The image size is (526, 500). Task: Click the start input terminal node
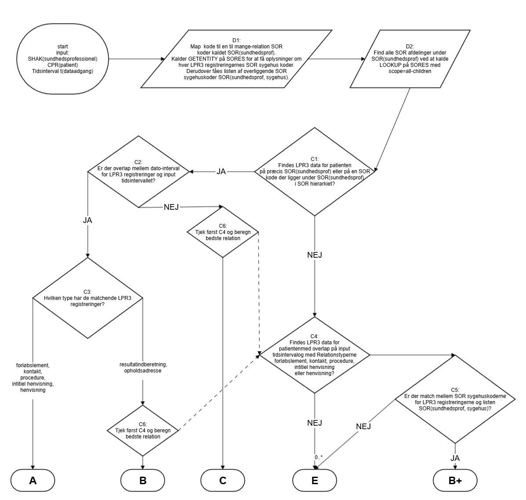pos(62,58)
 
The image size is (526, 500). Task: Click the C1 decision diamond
pos(314,172)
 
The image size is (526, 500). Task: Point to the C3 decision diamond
pos(88,298)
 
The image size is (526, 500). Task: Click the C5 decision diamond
pos(455,399)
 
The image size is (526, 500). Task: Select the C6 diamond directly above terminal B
pos(142,430)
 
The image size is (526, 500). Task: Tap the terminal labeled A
pos(33,480)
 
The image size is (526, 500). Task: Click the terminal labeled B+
pos(455,481)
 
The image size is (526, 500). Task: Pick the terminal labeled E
pos(314,480)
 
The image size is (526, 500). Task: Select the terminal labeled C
pos(223,480)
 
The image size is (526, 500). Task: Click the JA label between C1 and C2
pos(221,172)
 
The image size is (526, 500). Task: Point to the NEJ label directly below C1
pos(314,254)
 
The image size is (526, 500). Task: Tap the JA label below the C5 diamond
pos(455,458)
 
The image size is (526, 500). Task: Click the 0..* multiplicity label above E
pos(319,457)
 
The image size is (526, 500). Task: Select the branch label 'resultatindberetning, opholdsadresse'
pos(143,367)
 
